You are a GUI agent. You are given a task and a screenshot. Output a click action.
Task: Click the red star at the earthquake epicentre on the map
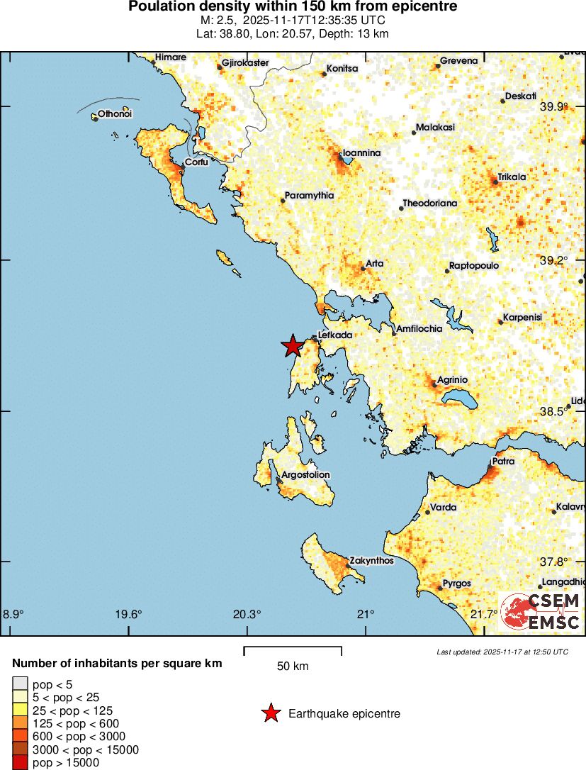pyautogui.click(x=292, y=346)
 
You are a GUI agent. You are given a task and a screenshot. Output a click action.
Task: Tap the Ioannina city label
pyautogui.click(x=361, y=153)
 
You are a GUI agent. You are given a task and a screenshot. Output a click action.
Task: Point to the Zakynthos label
pyautogui.click(x=372, y=561)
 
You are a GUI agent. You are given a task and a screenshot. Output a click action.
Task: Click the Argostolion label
pyautogui.click(x=305, y=475)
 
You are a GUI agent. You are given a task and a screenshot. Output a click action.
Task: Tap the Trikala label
pyautogui.click(x=512, y=177)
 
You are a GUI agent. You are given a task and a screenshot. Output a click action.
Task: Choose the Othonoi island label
pyautogui.click(x=115, y=114)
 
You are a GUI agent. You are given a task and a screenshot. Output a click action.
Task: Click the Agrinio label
pyautogui.click(x=452, y=380)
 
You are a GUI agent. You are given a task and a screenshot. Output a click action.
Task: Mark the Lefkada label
pyautogui.click(x=335, y=335)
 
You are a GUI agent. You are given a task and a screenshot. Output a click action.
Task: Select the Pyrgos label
pyautogui.click(x=456, y=584)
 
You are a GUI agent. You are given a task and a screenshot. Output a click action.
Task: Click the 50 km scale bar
pyautogui.click(x=293, y=647)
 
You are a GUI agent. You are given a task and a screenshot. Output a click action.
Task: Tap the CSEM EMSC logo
pyautogui.click(x=541, y=612)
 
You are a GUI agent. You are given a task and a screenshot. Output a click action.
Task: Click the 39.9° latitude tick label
pyautogui.click(x=554, y=107)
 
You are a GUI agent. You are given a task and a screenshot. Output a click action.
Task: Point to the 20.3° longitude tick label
pyautogui.click(x=247, y=614)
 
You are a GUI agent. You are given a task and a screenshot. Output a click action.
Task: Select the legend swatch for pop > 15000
pyautogui.click(x=20, y=763)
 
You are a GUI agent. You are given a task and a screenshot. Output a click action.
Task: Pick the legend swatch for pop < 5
pyautogui.click(x=20, y=683)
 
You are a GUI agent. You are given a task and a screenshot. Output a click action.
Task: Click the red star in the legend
pyautogui.click(x=271, y=713)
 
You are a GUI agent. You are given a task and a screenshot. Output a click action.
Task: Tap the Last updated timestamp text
pyautogui.click(x=502, y=652)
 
